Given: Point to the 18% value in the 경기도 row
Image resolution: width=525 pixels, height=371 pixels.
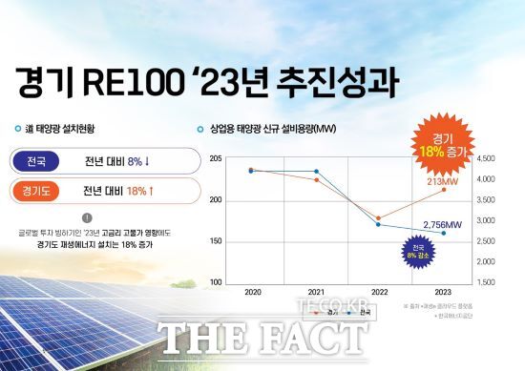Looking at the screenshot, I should tap(137, 192).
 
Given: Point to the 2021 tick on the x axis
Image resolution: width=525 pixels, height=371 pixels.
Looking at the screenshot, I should tap(316, 290).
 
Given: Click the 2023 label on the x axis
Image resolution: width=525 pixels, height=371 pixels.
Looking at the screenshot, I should tap(443, 290).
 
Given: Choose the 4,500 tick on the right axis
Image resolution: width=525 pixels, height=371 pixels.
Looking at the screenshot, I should tap(486, 157).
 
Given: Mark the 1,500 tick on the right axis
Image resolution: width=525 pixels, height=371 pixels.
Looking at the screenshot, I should tap(486, 282).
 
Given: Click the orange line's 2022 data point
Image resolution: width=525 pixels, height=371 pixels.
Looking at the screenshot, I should tap(379, 218).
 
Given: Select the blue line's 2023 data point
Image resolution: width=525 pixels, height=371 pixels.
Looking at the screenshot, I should tap(443, 234).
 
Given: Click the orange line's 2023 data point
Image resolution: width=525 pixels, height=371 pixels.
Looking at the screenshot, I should tap(443, 189).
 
